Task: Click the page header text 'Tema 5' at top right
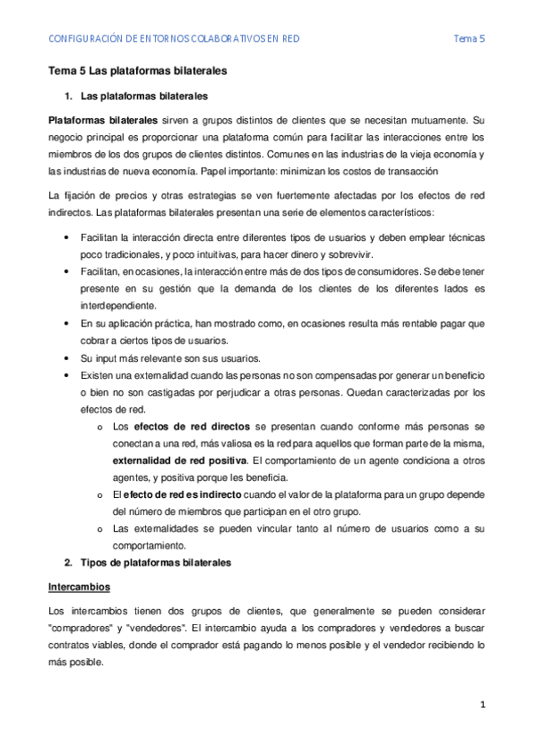coord(469,38)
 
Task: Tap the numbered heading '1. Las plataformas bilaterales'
coord(137,96)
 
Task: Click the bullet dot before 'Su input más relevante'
coord(69,358)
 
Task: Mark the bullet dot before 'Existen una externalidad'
coord(69,375)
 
